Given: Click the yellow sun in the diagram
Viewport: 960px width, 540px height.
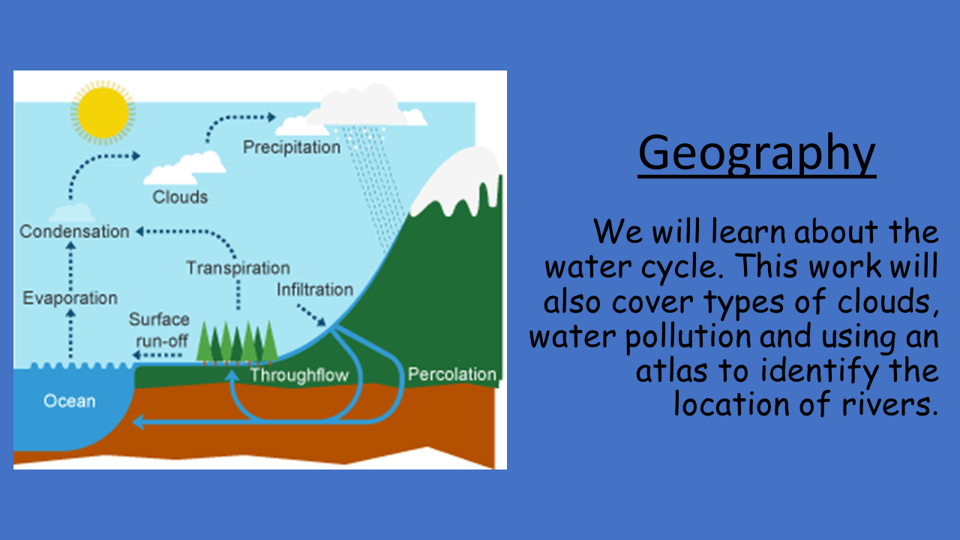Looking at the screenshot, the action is click(103, 112).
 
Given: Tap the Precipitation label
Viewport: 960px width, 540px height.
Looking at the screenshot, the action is click(292, 148).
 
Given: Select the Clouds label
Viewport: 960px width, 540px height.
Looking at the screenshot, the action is click(180, 197).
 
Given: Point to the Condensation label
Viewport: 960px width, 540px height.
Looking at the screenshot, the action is click(74, 232).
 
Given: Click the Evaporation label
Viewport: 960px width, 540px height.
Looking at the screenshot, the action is click(70, 298).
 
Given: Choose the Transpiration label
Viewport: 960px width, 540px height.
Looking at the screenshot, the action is click(238, 268).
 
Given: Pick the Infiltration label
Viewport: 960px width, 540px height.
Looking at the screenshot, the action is click(315, 289).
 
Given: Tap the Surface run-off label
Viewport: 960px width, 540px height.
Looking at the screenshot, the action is click(160, 330).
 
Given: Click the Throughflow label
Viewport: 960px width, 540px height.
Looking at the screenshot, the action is click(299, 376).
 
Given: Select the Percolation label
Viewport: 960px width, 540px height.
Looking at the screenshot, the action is click(452, 374).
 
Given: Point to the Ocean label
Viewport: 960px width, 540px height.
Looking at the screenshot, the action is click(70, 401).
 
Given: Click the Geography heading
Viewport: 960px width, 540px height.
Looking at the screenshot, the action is click(757, 154).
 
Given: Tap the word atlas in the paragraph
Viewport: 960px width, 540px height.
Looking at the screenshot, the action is click(671, 370).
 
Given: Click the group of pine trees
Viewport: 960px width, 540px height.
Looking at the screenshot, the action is click(237, 343).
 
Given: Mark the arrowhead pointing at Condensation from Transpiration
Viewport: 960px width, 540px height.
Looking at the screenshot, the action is click(139, 232).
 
